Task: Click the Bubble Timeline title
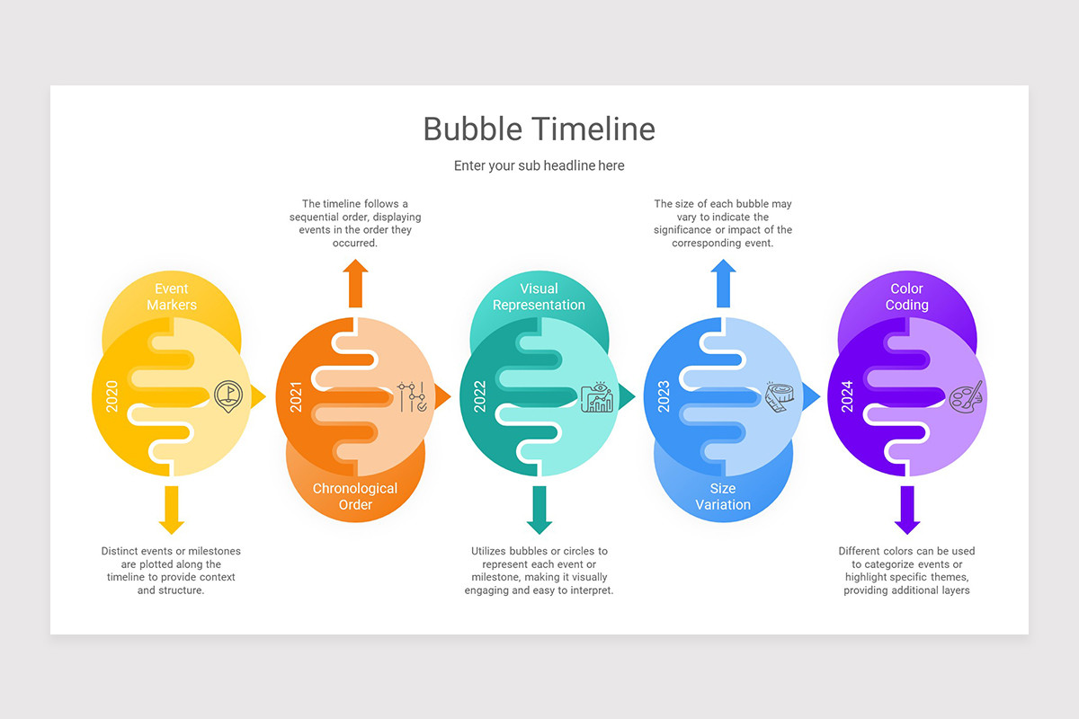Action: tap(539, 129)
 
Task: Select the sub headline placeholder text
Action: tap(539, 165)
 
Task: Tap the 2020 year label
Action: tap(112, 396)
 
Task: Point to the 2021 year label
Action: tap(296, 396)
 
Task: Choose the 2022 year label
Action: tap(480, 396)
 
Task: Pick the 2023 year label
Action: tap(664, 396)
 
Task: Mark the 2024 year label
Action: tap(847, 396)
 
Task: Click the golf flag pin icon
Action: tap(228, 395)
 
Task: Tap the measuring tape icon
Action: tap(780, 396)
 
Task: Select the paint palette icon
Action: tap(966, 395)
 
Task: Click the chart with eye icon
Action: tap(596, 397)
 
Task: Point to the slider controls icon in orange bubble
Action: tap(412, 396)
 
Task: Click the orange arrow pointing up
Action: tap(355, 282)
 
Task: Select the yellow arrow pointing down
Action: tap(171, 510)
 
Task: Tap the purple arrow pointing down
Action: tap(906, 510)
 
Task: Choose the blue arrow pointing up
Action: tap(723, 282)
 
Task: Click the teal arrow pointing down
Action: tap(539, 510)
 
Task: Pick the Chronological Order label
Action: tap(355, 496)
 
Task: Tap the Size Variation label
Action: tap(723, 496)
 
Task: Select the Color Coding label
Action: tap(906, 297)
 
